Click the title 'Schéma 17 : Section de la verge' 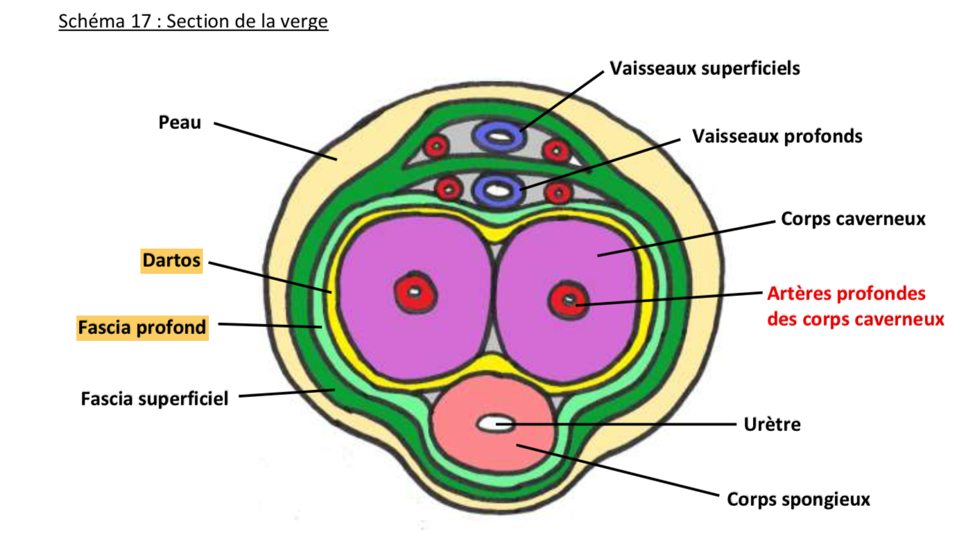coord(193,21)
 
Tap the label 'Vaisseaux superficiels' coord(705,69)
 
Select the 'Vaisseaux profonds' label coord(777,136)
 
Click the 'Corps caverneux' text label coord(853,219)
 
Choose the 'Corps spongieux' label coord(798,499)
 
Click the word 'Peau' coord(180,123)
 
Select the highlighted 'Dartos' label coord(171,261)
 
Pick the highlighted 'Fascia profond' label coord(141,327)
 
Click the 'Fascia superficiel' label coord(155,399)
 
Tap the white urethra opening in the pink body coord(495,422)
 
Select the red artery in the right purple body coord(569,299)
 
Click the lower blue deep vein coord(496,188)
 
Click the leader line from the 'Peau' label coord(277,142)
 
